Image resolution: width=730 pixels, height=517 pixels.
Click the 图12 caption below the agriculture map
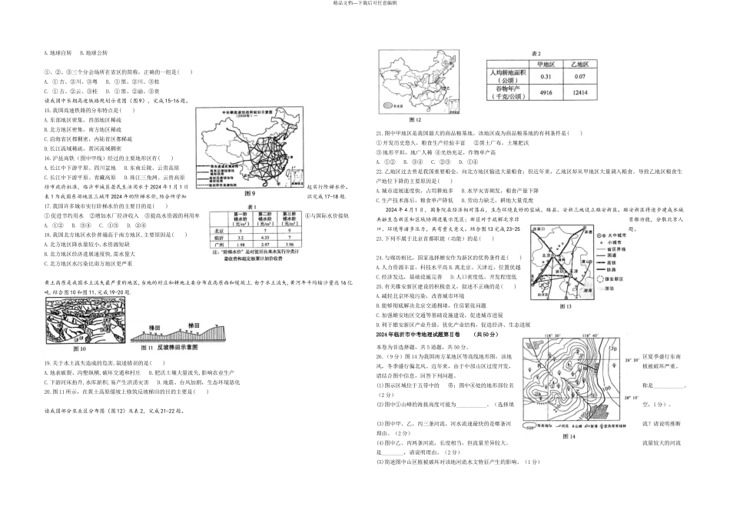415,120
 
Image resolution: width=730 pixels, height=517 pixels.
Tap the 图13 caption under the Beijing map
567,305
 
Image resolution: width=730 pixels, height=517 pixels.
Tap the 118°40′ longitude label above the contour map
529,336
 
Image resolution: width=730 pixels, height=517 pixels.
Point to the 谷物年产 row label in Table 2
504,92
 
